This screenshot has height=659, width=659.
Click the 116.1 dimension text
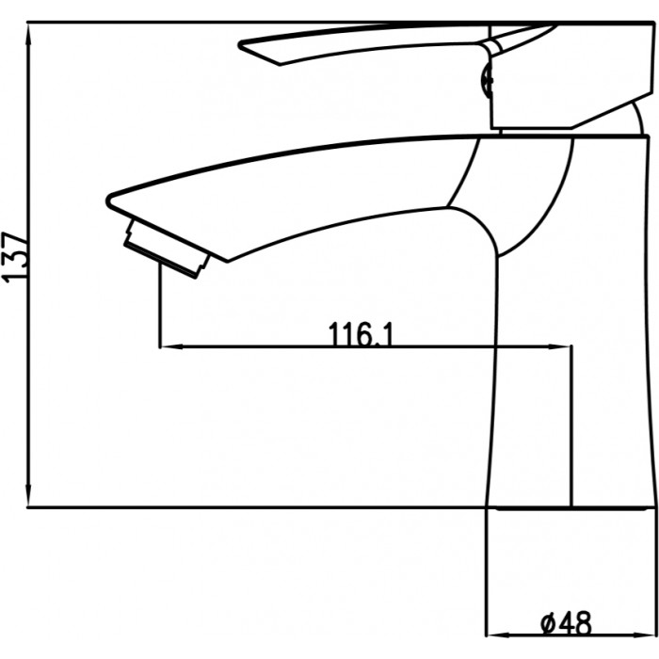coord(361,333)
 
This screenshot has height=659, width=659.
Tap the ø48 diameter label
coord(566,623)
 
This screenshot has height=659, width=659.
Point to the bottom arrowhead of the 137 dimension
coord(28,494)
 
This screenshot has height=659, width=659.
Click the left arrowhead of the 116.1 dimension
coord(172,346)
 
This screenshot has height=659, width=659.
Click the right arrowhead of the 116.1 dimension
coord(558,346)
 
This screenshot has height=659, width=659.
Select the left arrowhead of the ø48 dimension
coord(499,635)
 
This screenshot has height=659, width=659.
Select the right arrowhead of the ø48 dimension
coord(643,635)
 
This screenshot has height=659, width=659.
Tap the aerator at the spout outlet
coord(167,249)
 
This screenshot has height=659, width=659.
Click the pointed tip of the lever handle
coord(240,44)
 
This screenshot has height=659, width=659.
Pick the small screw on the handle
coord(488,79)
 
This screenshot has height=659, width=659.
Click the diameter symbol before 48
coord(549,624)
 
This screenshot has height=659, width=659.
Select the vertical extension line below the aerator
coord(160,304)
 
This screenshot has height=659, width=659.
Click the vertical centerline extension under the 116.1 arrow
coord(571,426)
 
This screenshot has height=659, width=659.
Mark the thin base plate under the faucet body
coord(571,508)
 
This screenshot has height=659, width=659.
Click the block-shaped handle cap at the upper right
coord(571,75)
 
